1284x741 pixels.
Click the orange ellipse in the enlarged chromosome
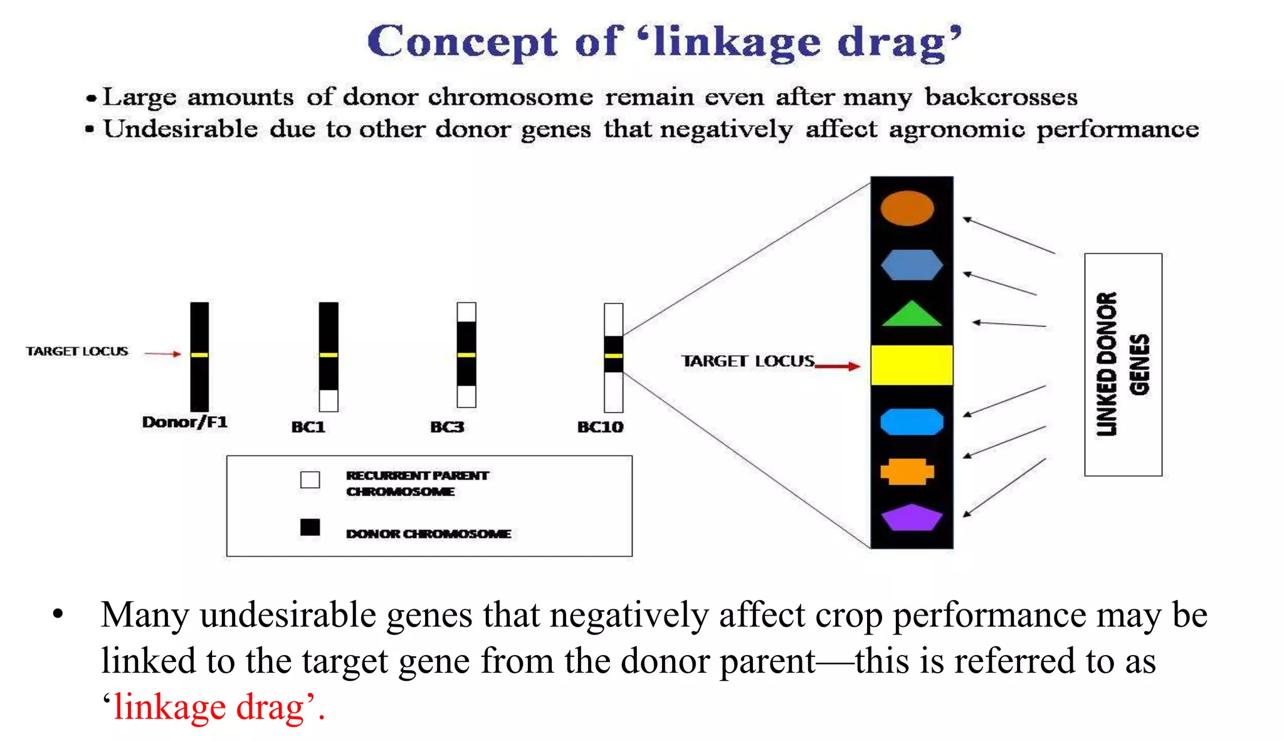tap(907, 208)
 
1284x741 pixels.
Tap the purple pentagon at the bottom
tap(911, 518)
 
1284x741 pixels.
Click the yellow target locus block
tap(912, 365)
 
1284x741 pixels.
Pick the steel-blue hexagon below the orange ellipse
tap(911, 265)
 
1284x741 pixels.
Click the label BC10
tap(600, 427)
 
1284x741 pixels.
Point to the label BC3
tap(447, 427)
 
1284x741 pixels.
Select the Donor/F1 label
tap(184, 422)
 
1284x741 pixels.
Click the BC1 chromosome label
tap(308, 427)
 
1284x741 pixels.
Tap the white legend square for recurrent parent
tap(310, 480)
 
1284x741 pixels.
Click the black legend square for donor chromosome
tap(310, 527)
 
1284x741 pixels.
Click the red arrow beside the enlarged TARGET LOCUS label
tap(838, 366)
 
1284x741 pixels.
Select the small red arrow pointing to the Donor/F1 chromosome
tap(162, 354)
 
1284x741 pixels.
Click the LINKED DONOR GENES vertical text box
tap(1123, 364)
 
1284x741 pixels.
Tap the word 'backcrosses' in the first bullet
tap(1001, 97)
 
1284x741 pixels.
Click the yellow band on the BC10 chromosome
tap(613, 355)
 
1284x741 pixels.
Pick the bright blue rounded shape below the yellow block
tap(911, 421)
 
